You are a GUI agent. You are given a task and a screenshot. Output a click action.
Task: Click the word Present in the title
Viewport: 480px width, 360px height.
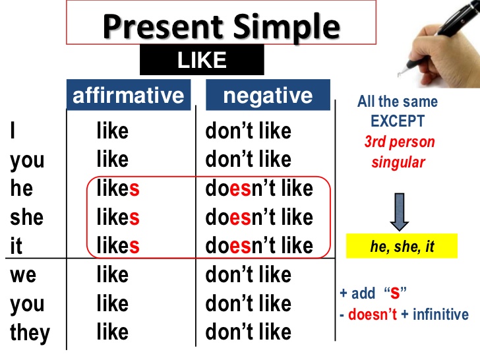(163, 27)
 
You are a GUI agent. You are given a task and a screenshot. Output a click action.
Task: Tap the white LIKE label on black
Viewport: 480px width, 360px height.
(202, 60)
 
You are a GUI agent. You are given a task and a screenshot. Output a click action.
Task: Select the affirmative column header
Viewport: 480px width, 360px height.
(129, 95)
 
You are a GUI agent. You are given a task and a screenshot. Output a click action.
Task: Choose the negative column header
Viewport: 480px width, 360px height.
(268, 95)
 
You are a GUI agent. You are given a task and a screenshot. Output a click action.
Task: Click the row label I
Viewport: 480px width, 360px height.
(13, 130)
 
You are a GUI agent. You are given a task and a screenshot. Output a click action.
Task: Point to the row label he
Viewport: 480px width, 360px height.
(21, 188)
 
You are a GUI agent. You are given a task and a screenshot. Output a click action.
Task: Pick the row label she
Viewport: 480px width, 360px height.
(26, 217)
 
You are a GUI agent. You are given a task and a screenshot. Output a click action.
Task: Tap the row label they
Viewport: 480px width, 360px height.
(30, 333)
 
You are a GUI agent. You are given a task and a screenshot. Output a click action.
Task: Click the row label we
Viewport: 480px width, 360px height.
(23, 274)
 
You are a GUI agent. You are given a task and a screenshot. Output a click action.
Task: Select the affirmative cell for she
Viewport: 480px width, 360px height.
(118, 217)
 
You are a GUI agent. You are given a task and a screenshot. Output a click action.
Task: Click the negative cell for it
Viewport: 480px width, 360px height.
(259, 245)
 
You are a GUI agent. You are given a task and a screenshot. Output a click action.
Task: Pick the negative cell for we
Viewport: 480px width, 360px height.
(249, 274)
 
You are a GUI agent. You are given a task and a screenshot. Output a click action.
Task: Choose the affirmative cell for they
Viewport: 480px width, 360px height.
(112, 332)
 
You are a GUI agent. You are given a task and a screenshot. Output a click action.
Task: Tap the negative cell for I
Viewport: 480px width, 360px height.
(249, 131)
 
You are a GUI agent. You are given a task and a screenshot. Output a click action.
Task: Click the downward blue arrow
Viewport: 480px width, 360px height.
(400, 212)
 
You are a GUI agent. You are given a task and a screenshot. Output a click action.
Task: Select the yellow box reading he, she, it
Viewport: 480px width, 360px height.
(402, 246)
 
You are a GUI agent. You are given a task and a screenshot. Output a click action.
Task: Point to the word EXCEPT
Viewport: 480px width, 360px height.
(398, 121)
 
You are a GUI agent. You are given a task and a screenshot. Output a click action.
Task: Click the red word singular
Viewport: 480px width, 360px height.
(398, 162)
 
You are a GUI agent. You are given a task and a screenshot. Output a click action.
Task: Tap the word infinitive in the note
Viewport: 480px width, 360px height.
(441, 315)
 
